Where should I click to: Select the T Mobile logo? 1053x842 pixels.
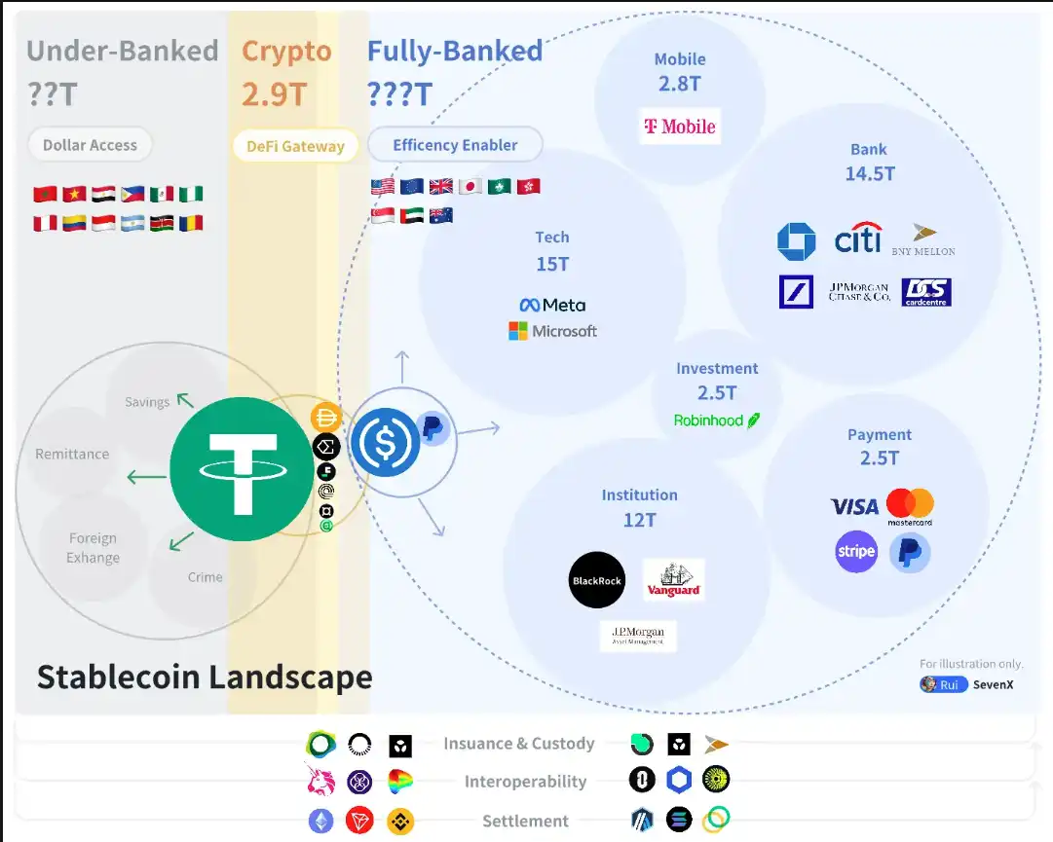pos(680,127)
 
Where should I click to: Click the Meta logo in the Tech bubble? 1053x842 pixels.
pos(552,305)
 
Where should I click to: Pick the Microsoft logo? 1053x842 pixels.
pos(552,331)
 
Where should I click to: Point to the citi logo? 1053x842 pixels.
pos(857,238)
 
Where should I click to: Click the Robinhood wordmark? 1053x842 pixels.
pos(716,421)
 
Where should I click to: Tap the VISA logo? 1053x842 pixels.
pos(854,506)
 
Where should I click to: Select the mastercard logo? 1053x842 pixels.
pos(910,507)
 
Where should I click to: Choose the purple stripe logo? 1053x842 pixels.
pos(856,552)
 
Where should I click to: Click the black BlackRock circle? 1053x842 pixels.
pos(596,580)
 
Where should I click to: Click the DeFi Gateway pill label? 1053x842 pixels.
pos(295,146)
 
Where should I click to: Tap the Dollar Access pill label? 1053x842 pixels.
pos(90,145)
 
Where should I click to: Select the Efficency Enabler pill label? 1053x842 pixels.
pos(455,145)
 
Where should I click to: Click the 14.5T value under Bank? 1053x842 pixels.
pos(869,174)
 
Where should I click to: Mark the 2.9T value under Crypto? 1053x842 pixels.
pos(275,94)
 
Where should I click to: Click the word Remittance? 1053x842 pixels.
pos(72,454)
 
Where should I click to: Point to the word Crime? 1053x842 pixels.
pos(205,577)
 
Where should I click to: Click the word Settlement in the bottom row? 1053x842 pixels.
pos(525,821)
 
